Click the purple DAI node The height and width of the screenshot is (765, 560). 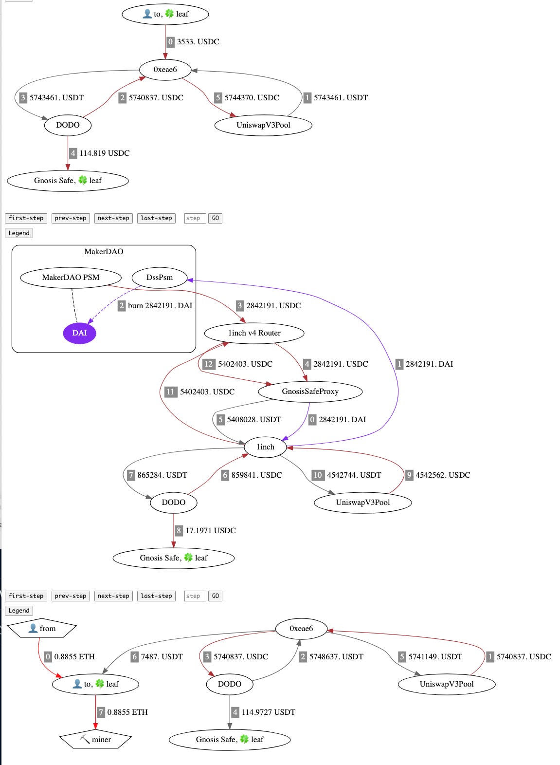click(x=79, y=333)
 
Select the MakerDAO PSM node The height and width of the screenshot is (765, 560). click(x=71, y=278)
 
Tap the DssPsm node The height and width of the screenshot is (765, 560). click(x=160, y=278)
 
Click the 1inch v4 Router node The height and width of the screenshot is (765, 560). click(x=254, y=333)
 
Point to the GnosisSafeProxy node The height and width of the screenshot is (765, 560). click(x=310, y=392)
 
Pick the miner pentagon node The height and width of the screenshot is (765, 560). click(x=96, y=739)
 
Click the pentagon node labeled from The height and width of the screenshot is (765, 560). click(x=42, y=629)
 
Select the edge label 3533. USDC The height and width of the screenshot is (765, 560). click(x=198, y=42)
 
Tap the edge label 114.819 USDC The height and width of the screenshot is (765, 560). click(x=105, y=153)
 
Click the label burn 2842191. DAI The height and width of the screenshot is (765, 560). click(x=160, y=306)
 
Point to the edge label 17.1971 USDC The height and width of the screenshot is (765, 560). click(x=211, y=531)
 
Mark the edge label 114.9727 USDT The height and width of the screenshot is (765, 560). click(x=269, y=712)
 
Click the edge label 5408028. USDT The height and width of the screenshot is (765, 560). click(x=254, y=420)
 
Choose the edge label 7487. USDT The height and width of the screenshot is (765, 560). click(x=162, y=657)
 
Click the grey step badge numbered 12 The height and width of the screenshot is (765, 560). click(x=209, y=364)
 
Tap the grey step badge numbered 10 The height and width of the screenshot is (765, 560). click(x=318, y=475)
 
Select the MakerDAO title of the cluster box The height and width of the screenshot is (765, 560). click(x=104, y=252)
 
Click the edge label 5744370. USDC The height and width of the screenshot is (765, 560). click(x=252, y=98)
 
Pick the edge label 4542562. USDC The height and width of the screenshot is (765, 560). click(x=443, y=475)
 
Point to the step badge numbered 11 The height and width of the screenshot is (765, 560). click(x=170, y=392)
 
